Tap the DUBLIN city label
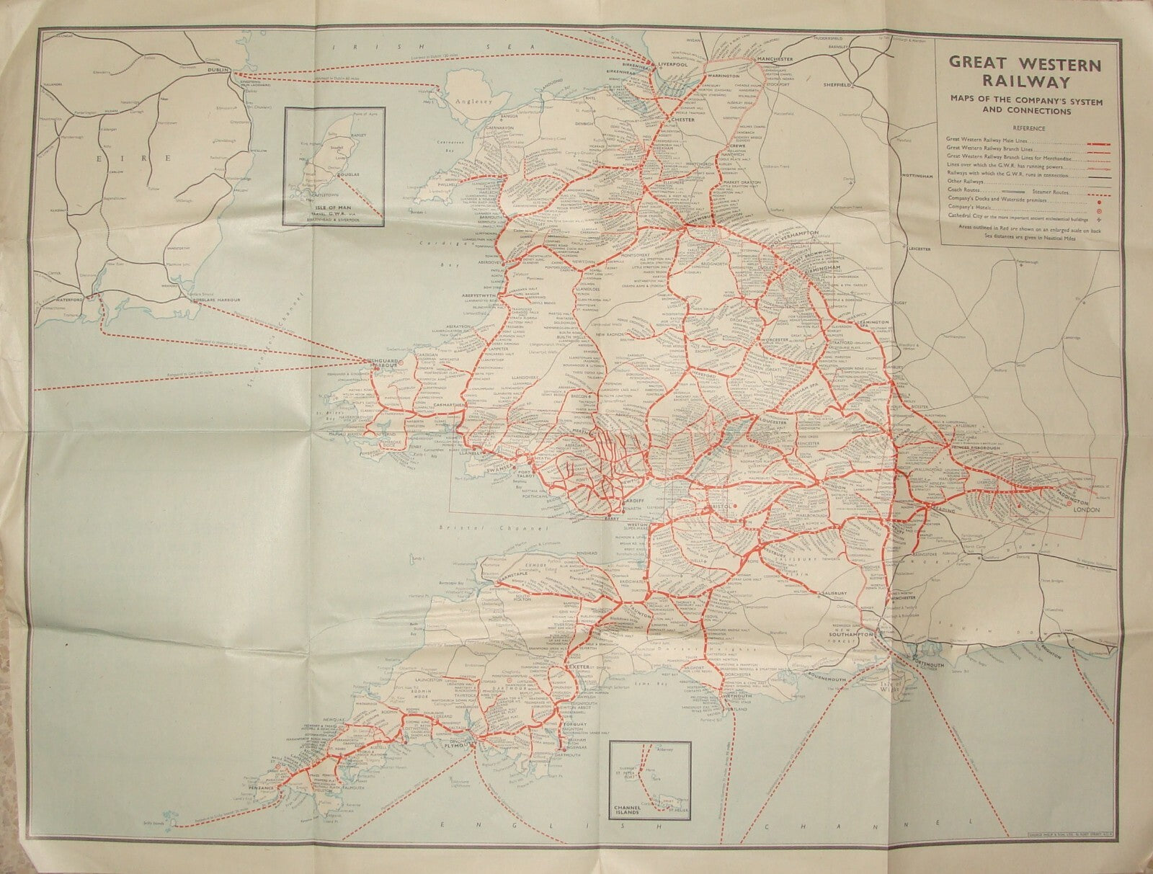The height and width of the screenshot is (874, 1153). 218,70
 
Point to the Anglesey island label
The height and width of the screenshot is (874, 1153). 469,102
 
